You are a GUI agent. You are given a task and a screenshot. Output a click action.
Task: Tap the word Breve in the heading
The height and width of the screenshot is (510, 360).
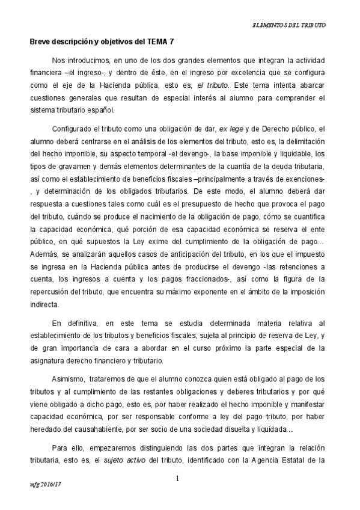point(41,41)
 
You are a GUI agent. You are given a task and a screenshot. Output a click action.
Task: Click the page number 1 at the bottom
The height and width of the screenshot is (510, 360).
point(178,479)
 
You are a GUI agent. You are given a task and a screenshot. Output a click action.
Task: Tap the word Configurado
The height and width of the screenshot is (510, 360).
point(73,129)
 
